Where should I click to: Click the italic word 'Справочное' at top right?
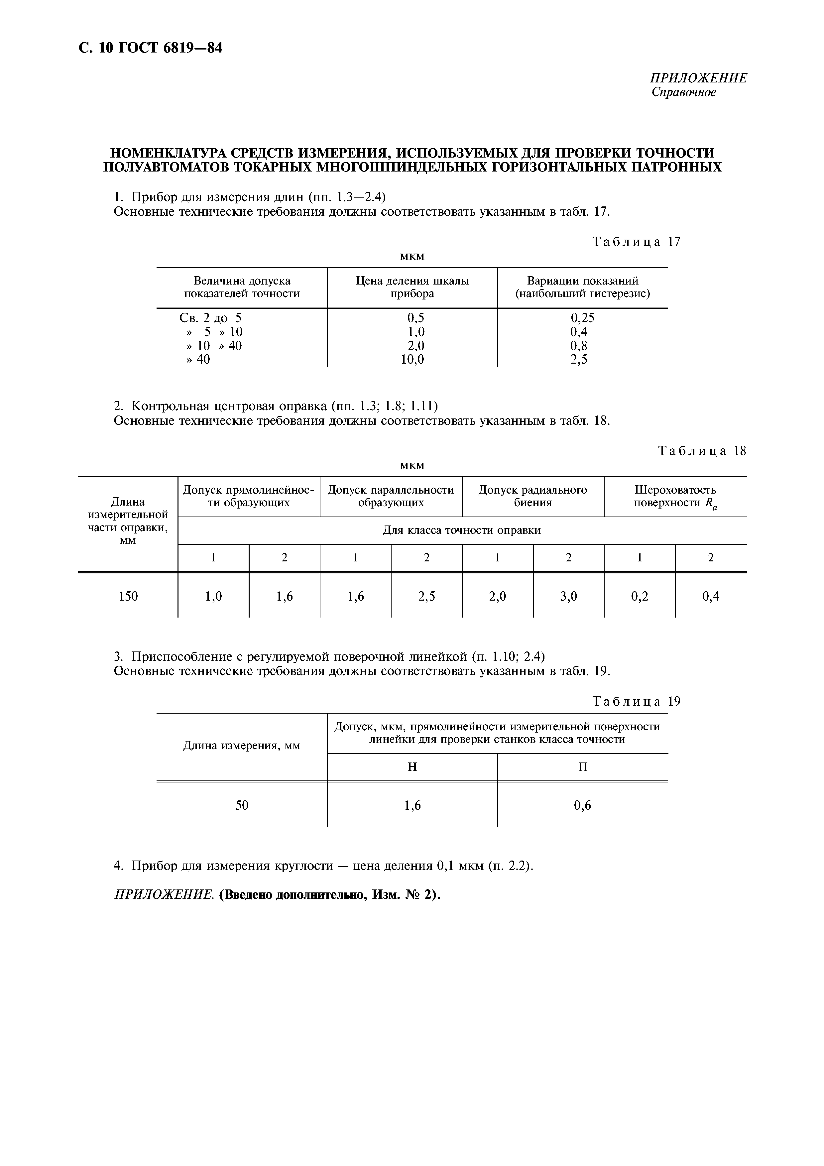click(683, 92)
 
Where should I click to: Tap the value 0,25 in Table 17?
click(582, 318)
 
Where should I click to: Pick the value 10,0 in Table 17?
click(412, 360)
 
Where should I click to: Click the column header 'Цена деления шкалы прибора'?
click(412, 287)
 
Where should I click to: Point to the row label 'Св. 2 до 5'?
click(211, 318)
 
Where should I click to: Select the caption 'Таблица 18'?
click(702, 451)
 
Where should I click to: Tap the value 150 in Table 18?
click(128, 596)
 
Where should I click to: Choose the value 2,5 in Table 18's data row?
click(426, 596)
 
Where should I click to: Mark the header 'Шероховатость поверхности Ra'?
click(675, 496)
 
